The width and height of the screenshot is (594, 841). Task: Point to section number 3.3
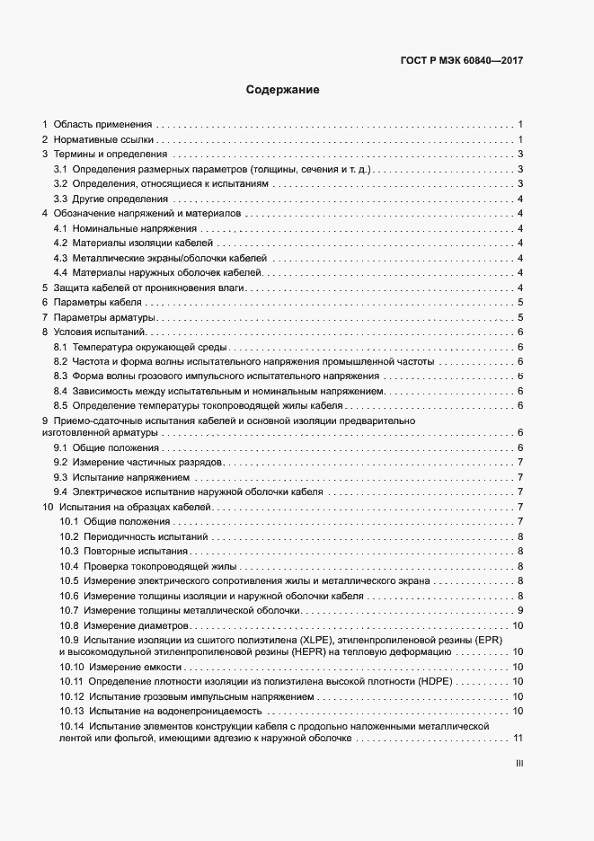point(61,199)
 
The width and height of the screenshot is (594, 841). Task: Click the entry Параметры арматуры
point(106,317)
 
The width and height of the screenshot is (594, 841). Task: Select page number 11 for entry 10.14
point(518,739)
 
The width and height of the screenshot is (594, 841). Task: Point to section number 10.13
point(72,711)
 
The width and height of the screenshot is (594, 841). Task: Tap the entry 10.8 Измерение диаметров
point(125,625)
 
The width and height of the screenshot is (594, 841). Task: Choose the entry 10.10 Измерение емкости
point(121,667)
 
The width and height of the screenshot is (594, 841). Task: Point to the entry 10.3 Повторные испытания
point(124,551)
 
